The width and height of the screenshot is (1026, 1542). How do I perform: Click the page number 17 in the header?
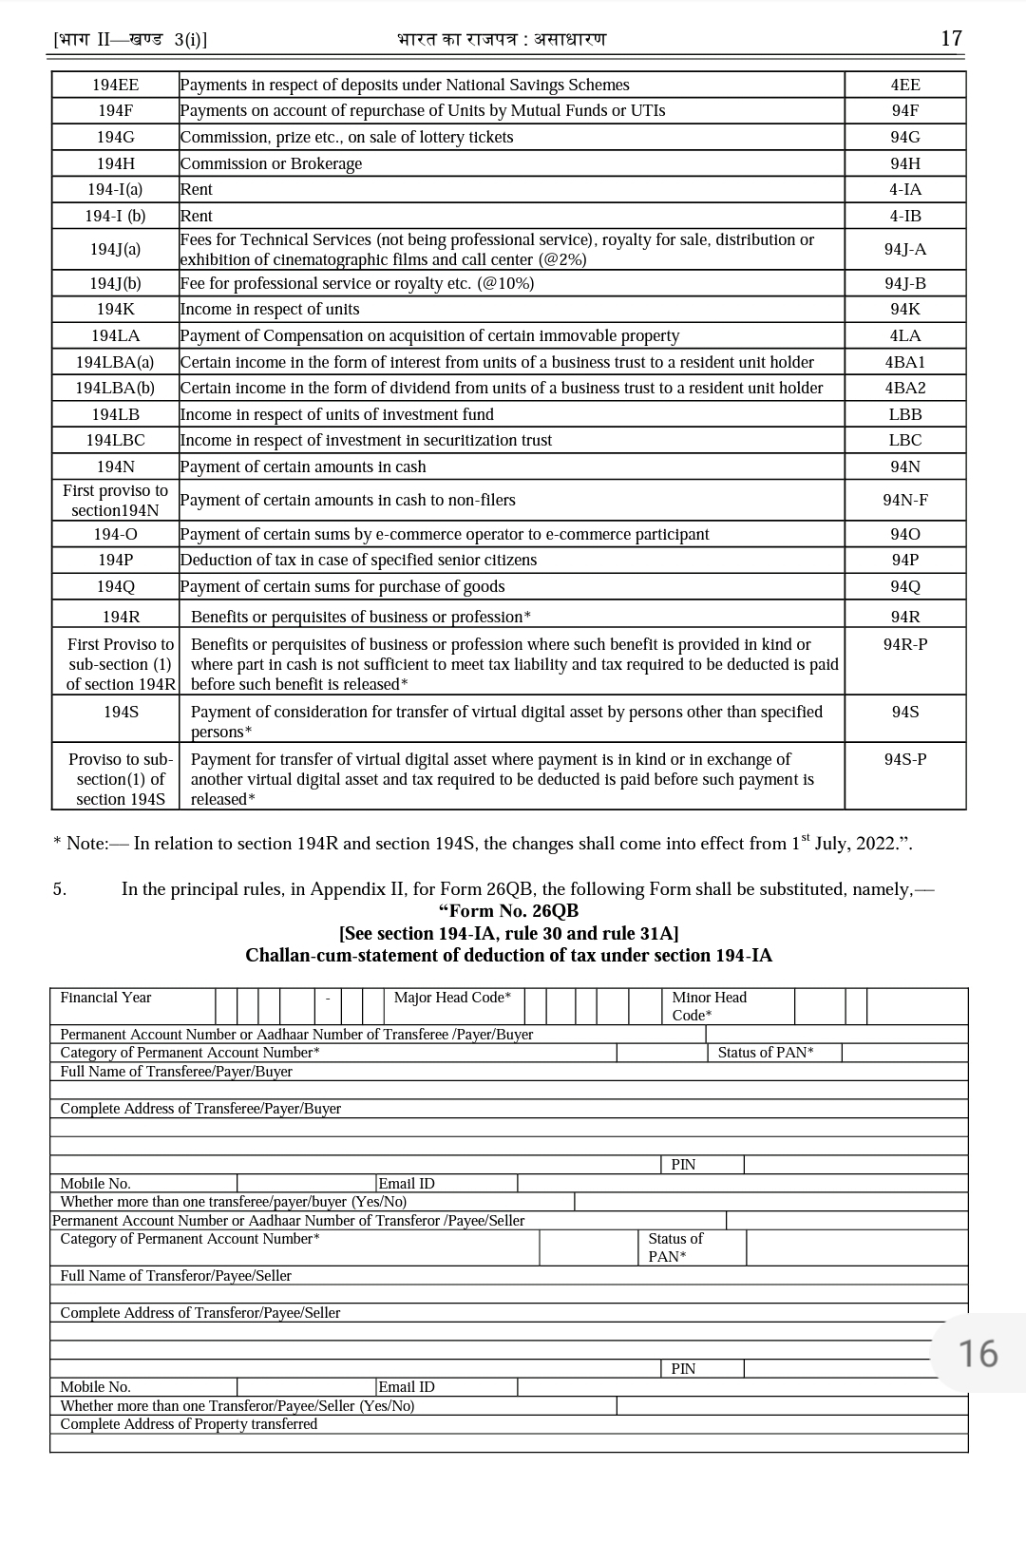[x=951, y=39]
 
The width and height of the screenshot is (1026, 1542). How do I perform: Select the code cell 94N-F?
[x=904, y=501]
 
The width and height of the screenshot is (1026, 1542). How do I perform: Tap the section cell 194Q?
[x=115, y=587]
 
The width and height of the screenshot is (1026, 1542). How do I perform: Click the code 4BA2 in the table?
[x=904, y=388]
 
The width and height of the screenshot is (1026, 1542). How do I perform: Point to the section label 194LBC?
[x=115, y=441]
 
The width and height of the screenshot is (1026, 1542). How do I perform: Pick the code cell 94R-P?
[x=904, y=645]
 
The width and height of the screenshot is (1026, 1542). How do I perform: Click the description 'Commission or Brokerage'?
[x=272, y=163]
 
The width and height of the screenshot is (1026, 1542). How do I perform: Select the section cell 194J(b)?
[x=115, y=284]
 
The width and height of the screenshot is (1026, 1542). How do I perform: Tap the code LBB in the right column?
[x=904, y=414]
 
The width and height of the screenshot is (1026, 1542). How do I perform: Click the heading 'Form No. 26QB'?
[x=508, y=911]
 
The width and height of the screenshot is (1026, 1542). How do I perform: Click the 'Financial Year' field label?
[x=105, y=998]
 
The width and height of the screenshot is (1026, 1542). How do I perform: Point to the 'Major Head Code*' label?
[x=452, y=998]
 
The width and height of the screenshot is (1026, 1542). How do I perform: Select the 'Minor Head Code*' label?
[x=709, y=1006]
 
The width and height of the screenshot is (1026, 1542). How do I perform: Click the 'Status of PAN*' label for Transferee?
[x=766, y=1053]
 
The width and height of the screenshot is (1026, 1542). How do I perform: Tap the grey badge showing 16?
[x=978, y=1353]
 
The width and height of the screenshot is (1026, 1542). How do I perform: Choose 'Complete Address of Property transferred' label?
[x=188, y=1424]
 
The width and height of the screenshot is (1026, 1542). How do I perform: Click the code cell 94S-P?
[x=904, y=760]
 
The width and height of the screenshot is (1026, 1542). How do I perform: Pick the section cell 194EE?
[x=115, y=86]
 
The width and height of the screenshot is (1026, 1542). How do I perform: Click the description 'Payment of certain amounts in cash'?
[x=303, y=466]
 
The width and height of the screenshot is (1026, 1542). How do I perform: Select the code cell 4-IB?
[x=904, y=216]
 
